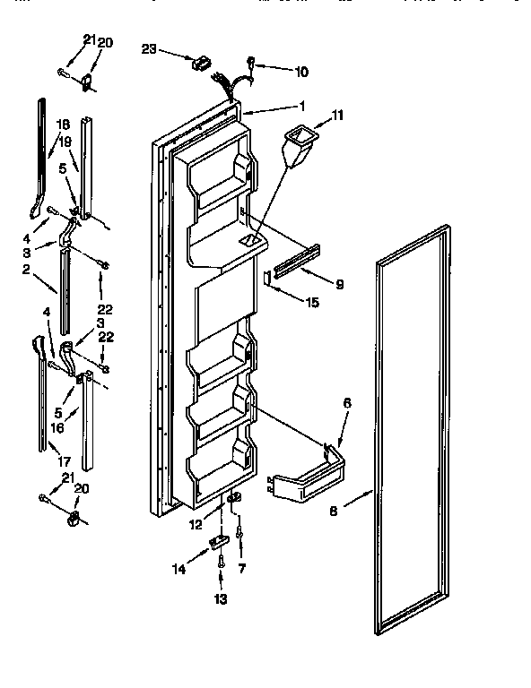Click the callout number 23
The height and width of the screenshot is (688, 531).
(x=150, y=50)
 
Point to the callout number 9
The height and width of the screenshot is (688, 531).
(x=338, y=286)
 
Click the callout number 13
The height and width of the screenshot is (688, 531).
(x=221, y=598)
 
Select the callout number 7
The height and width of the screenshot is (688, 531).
(x=241, y=568)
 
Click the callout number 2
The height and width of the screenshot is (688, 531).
(x=27, y=269)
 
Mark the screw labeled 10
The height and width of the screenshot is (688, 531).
(x=252, y=64)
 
